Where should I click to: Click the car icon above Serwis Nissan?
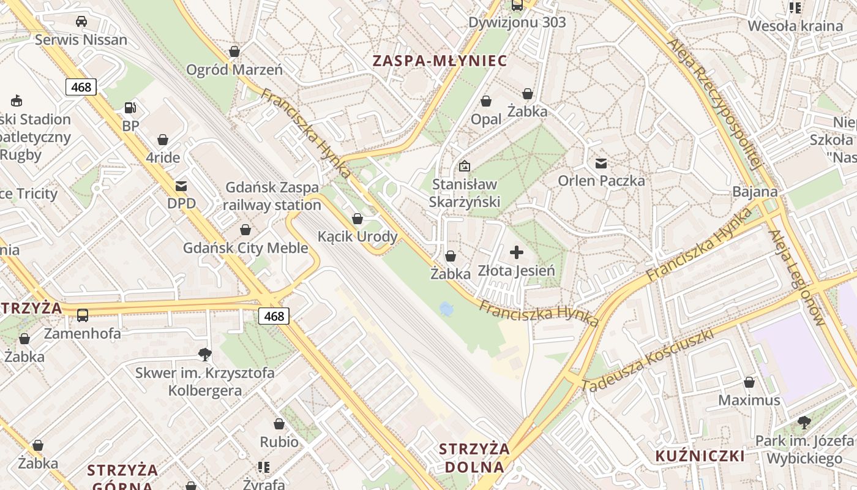coord(81,22)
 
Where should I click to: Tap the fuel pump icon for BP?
coord(130,108)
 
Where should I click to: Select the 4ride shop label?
coord(163,157)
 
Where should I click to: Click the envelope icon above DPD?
coord(181,186)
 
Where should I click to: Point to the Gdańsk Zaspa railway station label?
coord(272,196)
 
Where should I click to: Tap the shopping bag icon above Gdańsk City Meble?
coord(245,230)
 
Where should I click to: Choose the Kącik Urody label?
coord(357,236)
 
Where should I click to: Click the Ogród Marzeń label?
coord(234,69)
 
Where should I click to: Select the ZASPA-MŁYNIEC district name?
coord(440,61)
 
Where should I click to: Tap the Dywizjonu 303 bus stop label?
coord(517,23)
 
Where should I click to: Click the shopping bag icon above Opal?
coord(486,101)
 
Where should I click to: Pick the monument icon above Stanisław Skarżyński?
coord(465,165)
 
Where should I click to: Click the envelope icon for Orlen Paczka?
coord(601,163)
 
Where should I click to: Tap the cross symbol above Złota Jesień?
coord(517,252)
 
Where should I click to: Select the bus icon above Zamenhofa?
coord(82,315)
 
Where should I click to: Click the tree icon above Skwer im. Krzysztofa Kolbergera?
coord(204,354)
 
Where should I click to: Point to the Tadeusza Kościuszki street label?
coord(648,361)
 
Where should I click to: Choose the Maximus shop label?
coord(749,400)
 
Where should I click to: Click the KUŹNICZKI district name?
coord(700,456)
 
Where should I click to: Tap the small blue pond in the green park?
coord(446,309)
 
